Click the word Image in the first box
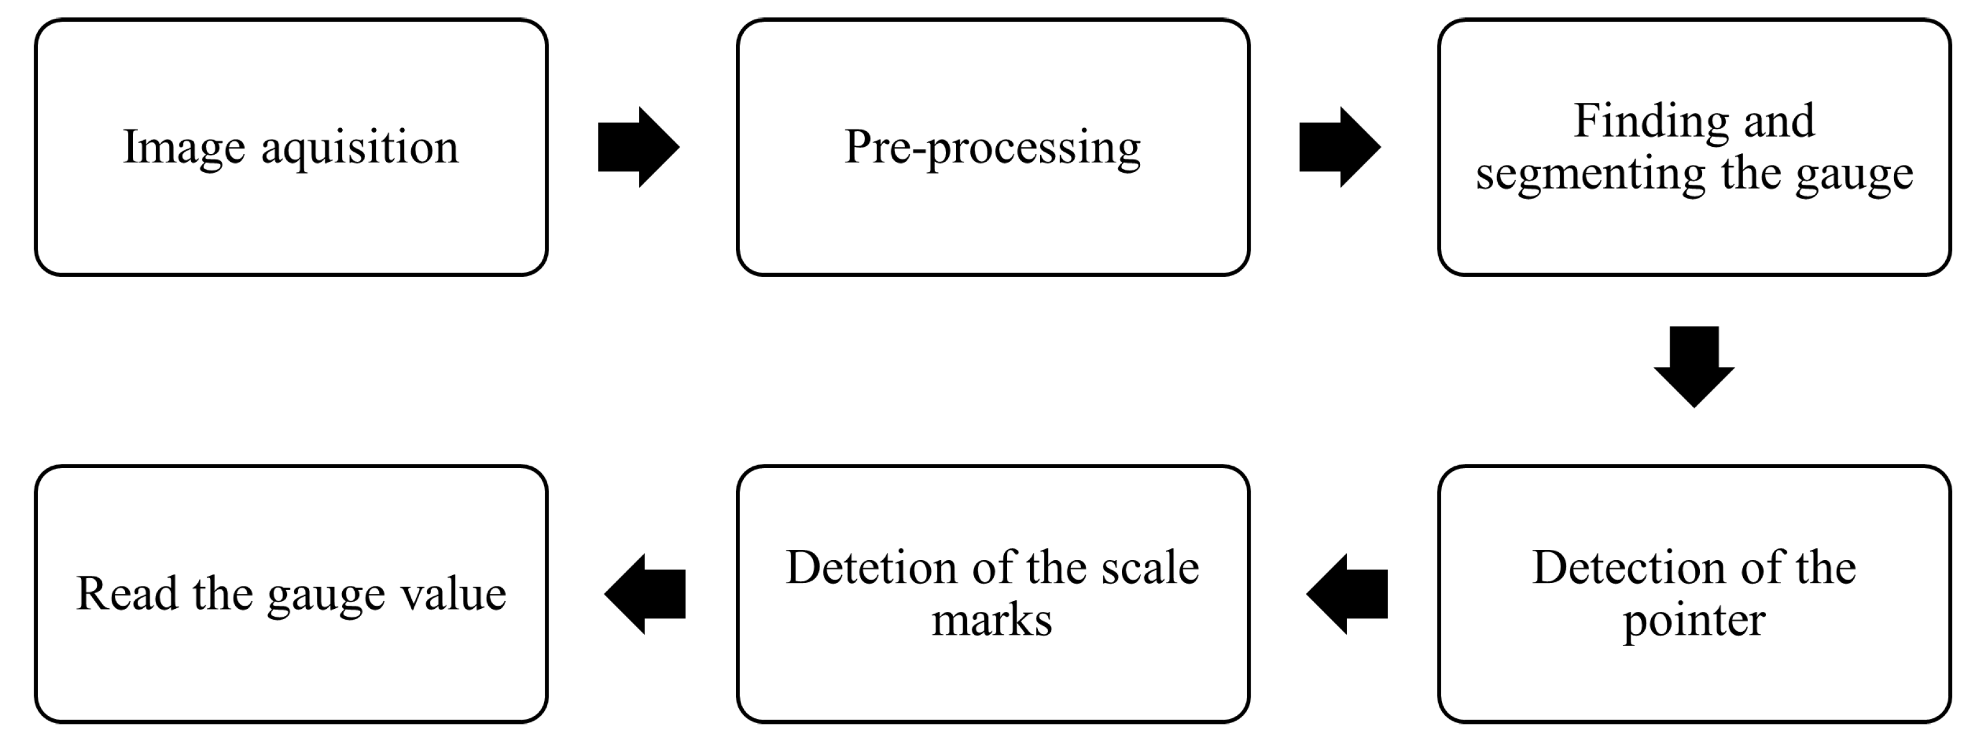[x=183, y=147]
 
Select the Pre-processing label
[x=992, y=148]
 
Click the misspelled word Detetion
[x=871, y=568]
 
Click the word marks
[x=992, y=620]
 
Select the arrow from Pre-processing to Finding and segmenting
[x=1339, y=147]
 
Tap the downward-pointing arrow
[x=1694, y=367]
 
